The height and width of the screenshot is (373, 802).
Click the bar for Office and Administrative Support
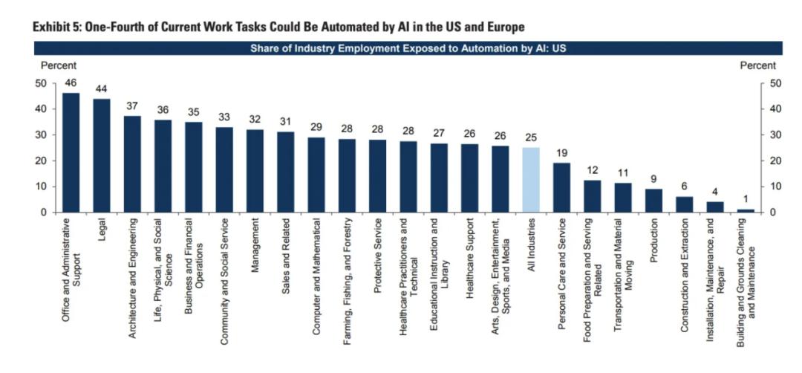coord(71,153)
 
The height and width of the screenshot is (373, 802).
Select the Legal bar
coord(102,156)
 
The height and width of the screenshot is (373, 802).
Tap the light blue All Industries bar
coord(531,180)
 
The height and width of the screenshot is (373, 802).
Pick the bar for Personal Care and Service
coord(562,188)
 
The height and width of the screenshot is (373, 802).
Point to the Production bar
coord(653,201)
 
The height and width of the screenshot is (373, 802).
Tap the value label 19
coord(562,154)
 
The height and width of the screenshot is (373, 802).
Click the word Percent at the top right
coord(757,65)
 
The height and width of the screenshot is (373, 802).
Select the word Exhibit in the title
coord(53,27)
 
